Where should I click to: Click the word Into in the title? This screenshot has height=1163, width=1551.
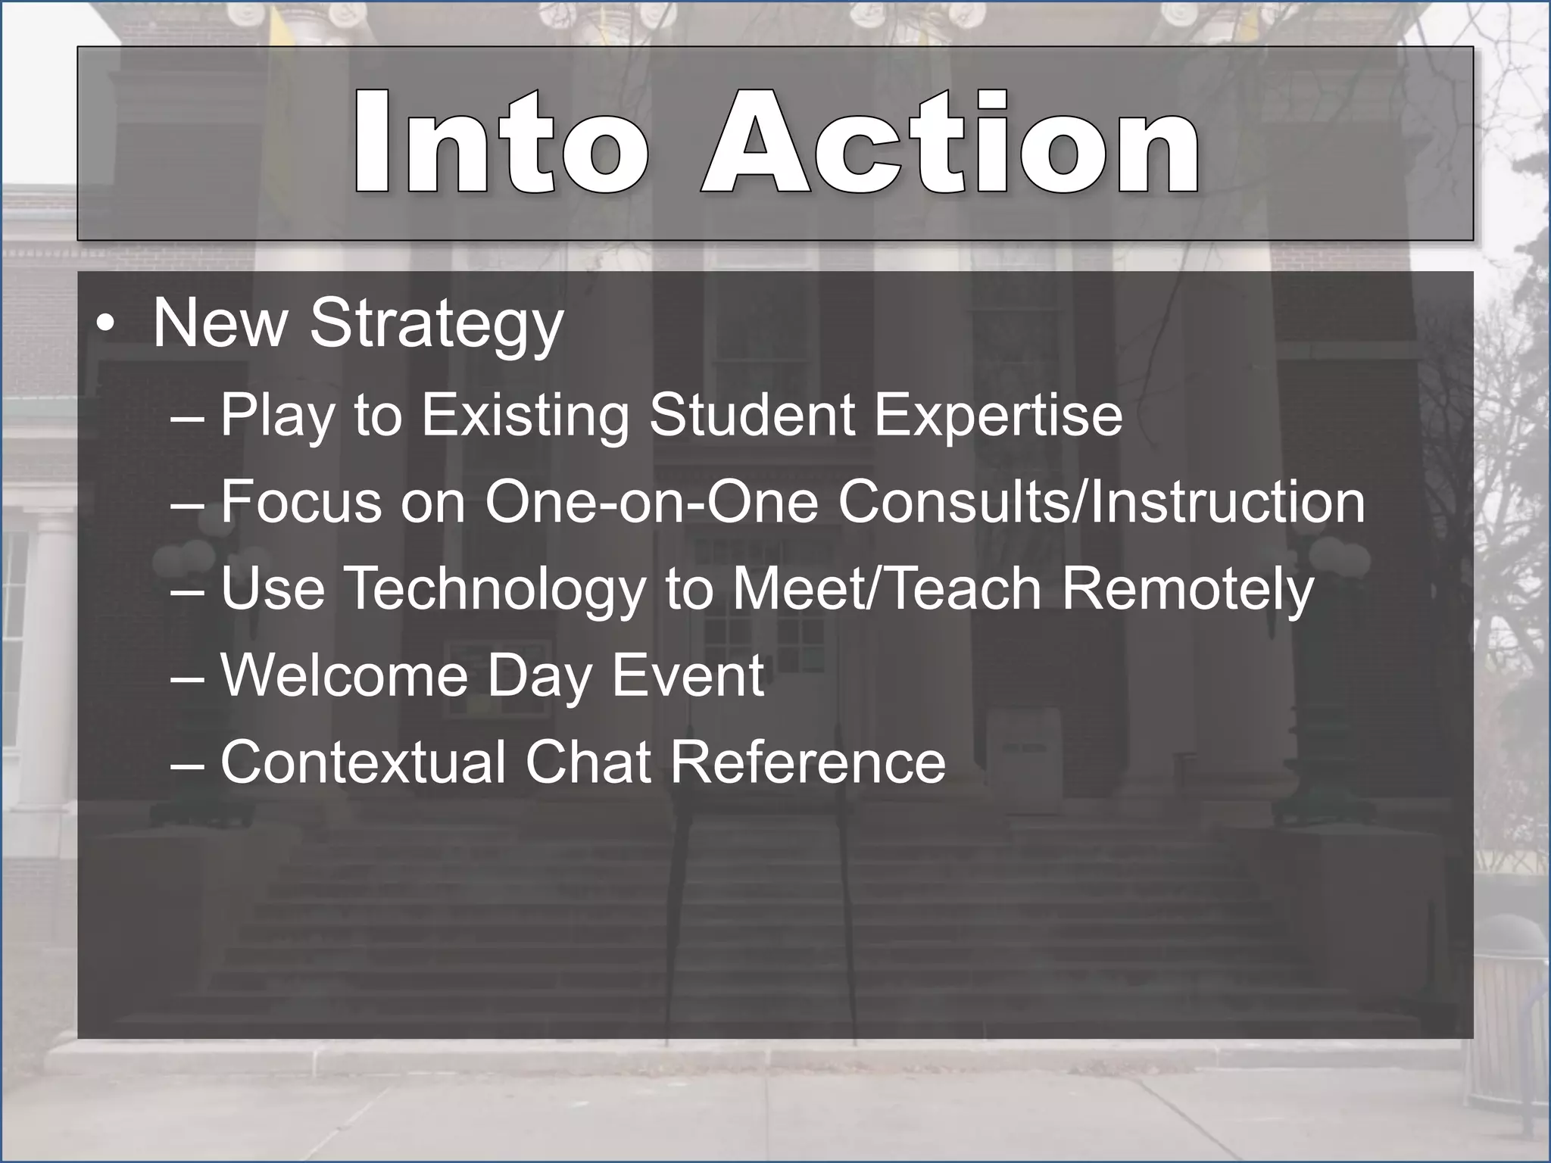pos(500,142)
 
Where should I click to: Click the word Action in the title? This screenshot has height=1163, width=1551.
pos(951,142)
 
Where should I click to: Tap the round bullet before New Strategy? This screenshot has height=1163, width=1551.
pos(107,325)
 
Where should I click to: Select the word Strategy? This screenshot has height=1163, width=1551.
pos(436,325)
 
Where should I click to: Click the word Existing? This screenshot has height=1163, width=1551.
pos(525,416)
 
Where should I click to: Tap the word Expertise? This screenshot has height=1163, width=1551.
pos(998,416)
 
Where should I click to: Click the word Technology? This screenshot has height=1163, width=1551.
pos(496,590)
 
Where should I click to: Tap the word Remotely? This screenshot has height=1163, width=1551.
pos(1187,590)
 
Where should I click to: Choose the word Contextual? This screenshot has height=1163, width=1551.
pos(363,762)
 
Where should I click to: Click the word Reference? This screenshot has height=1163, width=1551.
pos(808,762)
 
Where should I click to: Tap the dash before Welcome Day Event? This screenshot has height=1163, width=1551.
pos(187,676)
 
